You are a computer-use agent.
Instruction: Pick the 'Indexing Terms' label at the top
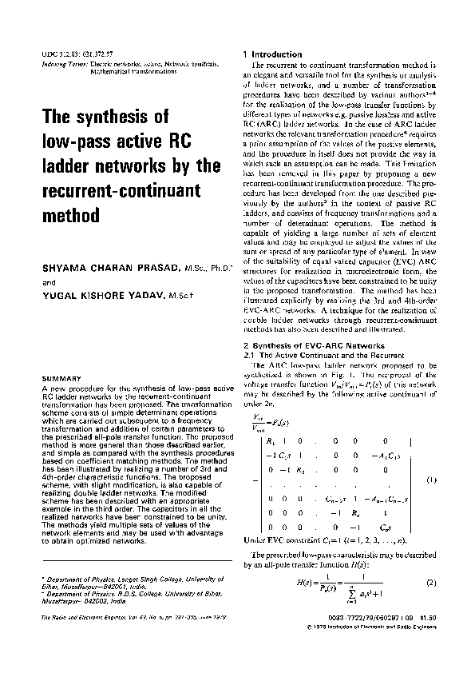point(63,62)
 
